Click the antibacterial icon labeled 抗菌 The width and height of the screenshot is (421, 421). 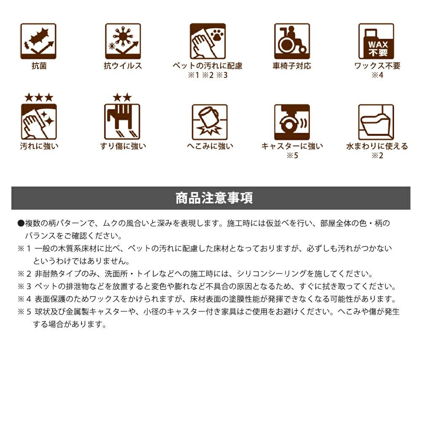(38, 41)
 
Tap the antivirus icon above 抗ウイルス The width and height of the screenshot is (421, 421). (123, 41)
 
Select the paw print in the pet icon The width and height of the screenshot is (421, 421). (216, 35)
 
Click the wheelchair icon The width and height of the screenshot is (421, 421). (292, 41)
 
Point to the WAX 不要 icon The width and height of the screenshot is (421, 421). (376, 41)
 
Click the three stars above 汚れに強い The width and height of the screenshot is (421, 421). (39, 98)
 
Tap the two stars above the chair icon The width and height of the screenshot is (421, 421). (122, 98)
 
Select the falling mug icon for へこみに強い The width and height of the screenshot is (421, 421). (210, 122)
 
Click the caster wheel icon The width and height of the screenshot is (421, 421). (292, 122)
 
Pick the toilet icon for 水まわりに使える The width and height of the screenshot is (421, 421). (376, 122)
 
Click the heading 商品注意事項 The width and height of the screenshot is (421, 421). (214, 198)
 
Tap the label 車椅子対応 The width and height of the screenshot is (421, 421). (292, 66)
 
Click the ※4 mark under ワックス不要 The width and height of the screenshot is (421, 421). (378, 75)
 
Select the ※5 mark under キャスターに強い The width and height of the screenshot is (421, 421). (293, 155)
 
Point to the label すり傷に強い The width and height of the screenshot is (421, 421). (123, 146)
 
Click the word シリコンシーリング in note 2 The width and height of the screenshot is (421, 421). (272, 274)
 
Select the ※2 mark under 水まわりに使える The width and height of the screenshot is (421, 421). (378, 155)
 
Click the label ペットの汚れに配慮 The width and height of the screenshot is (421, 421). (208, 66)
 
